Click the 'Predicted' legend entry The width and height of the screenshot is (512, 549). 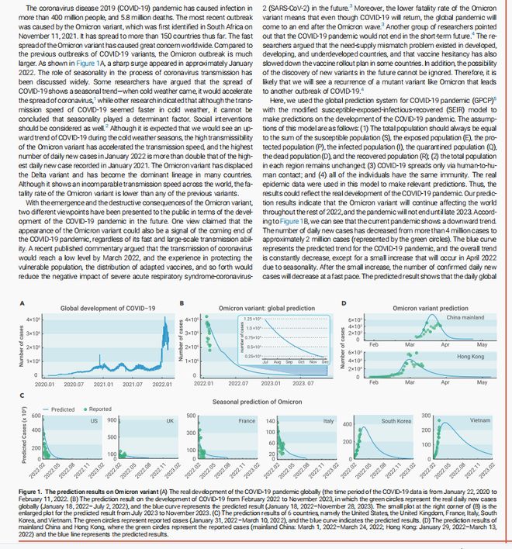(61, 409)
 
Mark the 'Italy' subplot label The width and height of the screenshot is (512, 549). (327, 420)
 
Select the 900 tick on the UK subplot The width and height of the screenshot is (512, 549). (111, 420)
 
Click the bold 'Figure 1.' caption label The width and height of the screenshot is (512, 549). (31, 492)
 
